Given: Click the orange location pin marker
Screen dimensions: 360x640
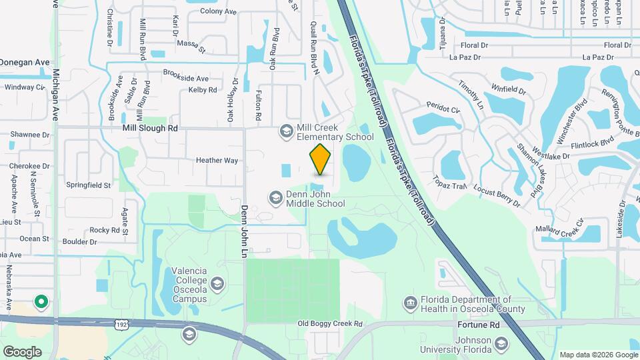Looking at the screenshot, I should coord(321,159).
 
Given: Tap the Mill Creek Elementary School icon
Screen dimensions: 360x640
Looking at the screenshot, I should coord(286,131).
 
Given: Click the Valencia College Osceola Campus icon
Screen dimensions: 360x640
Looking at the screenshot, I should coord(217,285).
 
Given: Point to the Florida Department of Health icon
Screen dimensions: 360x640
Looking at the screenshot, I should coord(409,304).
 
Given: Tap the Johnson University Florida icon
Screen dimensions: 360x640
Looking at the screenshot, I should coord(501,344).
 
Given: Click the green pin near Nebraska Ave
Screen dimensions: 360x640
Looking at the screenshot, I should coord(41,302).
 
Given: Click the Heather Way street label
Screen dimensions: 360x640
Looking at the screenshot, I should coord(217,161).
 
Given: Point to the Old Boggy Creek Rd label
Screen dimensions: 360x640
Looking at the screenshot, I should coord(329,324).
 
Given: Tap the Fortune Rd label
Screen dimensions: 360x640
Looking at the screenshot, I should coord(479,325).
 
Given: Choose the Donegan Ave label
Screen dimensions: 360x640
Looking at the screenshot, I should coord(25,62).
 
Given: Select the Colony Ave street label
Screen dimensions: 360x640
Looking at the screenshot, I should coord(218,12).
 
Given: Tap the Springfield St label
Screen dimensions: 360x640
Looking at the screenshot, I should coord(88,184).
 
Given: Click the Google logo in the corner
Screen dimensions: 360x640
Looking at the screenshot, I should coord(22,351).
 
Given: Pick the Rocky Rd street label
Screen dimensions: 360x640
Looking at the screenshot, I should coord(104,230).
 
